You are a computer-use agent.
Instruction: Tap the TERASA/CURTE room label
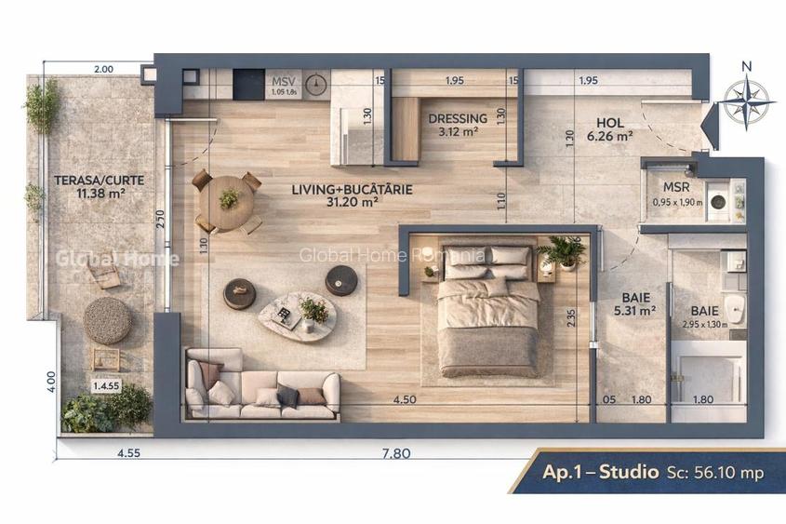click(x=89, y=186)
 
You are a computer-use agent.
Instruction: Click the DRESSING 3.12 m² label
click(x=457, y=125)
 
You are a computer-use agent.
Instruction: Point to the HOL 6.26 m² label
click(x=610, y=128)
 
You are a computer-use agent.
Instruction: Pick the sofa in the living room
click(x=262, y=384)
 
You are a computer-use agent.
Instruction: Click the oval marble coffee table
click(x=298, y=316)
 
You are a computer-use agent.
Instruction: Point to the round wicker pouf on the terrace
click(x=107, y=320)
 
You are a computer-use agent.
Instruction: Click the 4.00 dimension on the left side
click(x=52, y=382)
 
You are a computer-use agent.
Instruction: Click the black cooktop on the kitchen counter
click(x=248, y=84)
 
